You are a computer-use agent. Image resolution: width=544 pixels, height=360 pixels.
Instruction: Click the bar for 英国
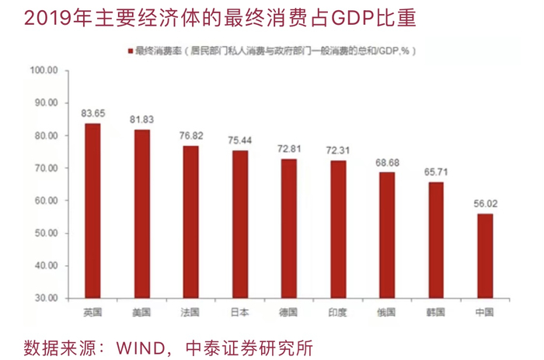pos(92,211)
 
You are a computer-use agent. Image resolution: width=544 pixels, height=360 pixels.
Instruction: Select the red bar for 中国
pos(485,256)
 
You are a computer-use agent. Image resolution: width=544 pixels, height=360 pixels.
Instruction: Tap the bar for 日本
pos(240,224)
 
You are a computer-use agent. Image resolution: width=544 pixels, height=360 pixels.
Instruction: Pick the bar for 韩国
pos(436,240)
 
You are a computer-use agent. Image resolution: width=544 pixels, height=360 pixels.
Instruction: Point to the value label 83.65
pos(93,114)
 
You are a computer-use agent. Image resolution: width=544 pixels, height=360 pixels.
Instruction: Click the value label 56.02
pos(486,204)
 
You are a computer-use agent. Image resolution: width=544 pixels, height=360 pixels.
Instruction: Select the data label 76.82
pos(191,135)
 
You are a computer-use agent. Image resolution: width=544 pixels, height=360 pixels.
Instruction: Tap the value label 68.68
pos(387,163)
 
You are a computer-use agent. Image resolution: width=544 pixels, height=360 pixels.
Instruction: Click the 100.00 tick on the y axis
pos(44,71)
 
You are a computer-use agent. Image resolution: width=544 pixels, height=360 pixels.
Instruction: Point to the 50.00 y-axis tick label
pos(46,233)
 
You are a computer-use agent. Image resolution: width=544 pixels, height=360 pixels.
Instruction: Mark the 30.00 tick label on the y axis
pos(46,299)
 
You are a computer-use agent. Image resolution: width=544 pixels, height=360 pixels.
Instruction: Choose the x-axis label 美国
pos(141,313)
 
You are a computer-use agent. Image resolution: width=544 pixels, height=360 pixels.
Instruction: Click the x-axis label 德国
pos(288,313)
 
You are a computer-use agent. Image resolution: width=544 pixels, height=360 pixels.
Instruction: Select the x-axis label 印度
pos(337,313)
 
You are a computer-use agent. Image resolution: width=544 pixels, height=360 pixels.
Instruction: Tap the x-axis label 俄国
pos(386,313)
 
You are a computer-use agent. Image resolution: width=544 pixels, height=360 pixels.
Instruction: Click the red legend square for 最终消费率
pos(131,51)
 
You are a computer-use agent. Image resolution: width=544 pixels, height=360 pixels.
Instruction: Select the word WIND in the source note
pos(141,348)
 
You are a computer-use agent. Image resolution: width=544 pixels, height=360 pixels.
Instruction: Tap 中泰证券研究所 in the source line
pos(249,348)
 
